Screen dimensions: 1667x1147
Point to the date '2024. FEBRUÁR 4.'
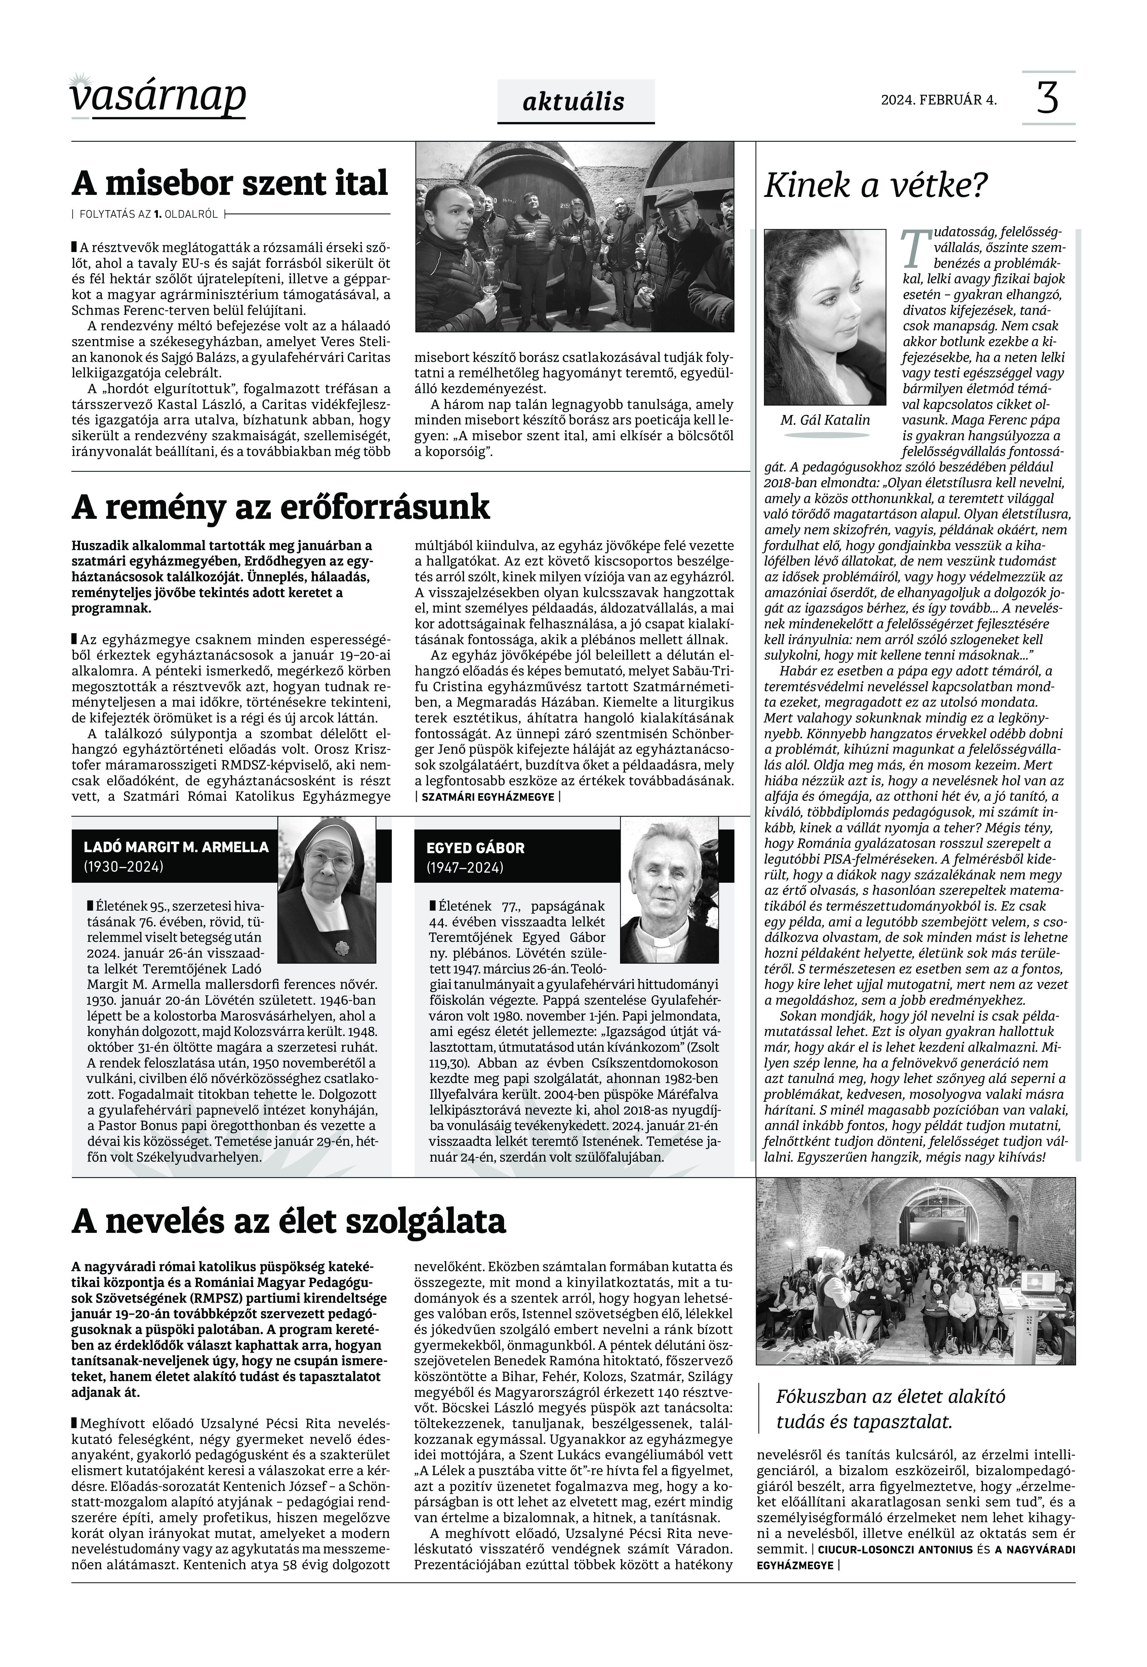[x=939, y=100]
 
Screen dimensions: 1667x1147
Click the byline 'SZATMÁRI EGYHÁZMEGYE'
[x=487, y=797]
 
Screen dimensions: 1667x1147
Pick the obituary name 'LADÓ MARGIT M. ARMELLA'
[x=176, y=847]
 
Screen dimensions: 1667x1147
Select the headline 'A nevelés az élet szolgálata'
[x=289, y=1220]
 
